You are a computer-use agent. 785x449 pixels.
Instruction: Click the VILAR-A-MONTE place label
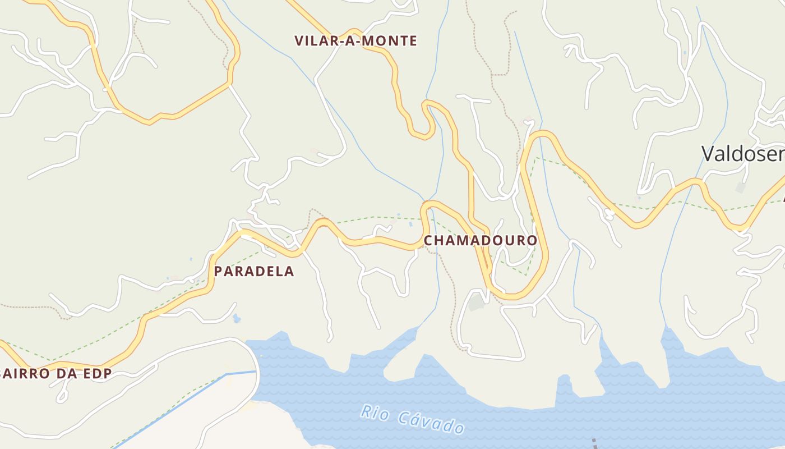tap(355, 41)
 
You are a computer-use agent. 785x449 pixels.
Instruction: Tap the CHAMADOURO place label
tap(480, 241)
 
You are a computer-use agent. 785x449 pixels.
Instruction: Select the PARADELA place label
tap(253, 272)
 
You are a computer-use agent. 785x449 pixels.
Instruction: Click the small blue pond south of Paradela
tap(237, 319)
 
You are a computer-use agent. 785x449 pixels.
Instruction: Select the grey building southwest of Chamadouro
tap(477, 303)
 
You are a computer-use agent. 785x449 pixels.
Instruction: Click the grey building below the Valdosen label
tap(741, 187)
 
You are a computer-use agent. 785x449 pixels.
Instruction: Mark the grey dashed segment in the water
tap(595, 443)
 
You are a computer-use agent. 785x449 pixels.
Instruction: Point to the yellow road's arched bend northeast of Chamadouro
tap(542, 135)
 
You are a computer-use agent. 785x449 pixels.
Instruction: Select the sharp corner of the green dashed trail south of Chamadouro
tap(527, 274)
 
